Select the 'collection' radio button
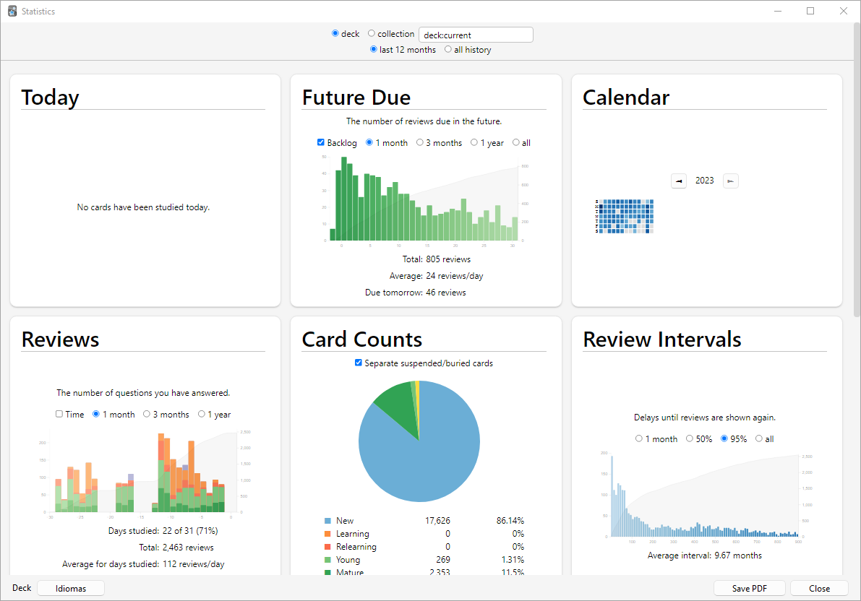coord(372,34)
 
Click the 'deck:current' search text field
coord(476,35)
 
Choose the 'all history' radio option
coord(448,50)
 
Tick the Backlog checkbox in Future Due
coord(321,142)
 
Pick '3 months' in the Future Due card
coord(420,142)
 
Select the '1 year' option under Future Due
coord(474,142)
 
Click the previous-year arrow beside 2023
coord(679,181)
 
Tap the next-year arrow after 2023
coord(731,181)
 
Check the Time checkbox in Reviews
coord(59,414)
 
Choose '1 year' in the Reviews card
coord(201,414)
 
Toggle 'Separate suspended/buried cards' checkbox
coord(359,363)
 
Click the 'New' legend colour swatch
coord(327,521)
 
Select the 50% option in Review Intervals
coord(690,438)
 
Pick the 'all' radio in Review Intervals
coord(758,438)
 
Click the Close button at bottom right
coord(819,589)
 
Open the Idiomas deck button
coord(71,589)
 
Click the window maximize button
coord(810,12)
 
